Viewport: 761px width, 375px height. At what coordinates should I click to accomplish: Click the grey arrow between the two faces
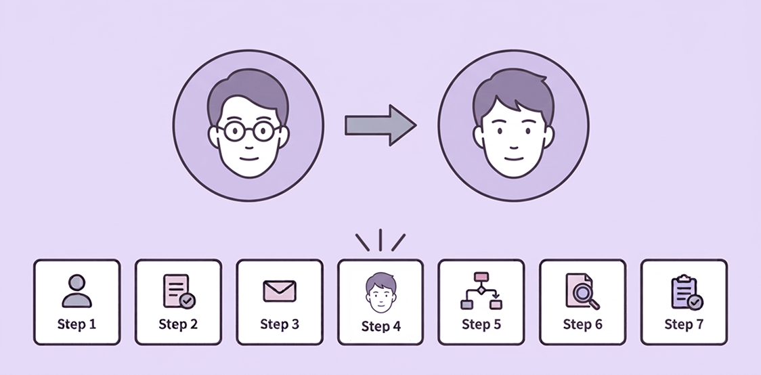(380, 125)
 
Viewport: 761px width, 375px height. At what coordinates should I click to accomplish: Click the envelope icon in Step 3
(280, 291)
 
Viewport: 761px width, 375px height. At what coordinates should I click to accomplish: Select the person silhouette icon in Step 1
(77, 291)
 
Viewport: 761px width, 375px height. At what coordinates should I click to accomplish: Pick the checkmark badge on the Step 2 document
(188, 301)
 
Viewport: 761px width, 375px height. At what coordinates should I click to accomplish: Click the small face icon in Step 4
(380, 292)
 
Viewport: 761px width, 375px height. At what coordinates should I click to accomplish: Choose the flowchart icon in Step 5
(481, 291)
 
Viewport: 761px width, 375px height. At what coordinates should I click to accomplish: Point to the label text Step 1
(77, 324)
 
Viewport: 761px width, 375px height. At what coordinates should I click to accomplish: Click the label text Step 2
(178, 324)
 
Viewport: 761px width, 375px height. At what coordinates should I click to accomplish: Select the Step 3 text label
(280, 324)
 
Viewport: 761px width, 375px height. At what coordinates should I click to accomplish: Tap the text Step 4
(381, 326)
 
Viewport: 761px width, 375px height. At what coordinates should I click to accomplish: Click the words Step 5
(481, 324)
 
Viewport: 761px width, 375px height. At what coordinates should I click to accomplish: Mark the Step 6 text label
(582, 324)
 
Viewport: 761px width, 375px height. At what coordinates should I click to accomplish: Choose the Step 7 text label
(684, 324)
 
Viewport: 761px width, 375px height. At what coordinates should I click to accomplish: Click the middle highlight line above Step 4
(380, 240)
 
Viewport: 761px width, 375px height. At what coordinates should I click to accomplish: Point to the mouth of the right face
(513, 158)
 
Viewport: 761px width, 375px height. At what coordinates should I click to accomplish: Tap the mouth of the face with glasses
(248, 158)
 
